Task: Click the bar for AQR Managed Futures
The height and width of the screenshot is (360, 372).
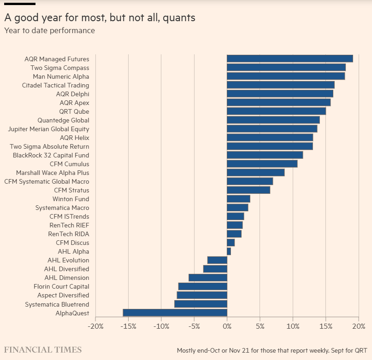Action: click(290, 58)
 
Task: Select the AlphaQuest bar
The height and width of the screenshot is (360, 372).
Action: click(175, 313)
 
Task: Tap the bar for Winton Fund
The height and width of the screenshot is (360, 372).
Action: click(239, 199)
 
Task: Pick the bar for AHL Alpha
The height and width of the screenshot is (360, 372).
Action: click(229, 251)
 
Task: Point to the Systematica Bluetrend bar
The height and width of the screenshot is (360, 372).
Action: click(201, 304)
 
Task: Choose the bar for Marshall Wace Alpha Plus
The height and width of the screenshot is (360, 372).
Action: click(256, 173)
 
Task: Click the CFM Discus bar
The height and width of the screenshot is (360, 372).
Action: click(231, 243)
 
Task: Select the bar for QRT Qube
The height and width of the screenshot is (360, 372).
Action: click(277, 111)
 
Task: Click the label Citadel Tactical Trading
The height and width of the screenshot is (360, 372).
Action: click(56, 85)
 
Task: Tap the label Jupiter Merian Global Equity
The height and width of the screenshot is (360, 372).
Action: click(49, 129)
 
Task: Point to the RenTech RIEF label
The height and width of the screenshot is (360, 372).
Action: click(69, 225)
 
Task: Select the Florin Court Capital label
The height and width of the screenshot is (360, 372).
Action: click(61, 286)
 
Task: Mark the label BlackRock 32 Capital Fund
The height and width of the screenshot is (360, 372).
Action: click(51, 155)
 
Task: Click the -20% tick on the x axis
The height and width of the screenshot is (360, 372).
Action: click(95, 326)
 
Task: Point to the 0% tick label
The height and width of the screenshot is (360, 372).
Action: click(227, 326)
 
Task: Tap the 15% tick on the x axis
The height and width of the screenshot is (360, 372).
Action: click(325, 326)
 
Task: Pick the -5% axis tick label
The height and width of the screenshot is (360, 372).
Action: click(194, 326)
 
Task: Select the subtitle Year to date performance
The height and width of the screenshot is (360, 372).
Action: click(49, 30)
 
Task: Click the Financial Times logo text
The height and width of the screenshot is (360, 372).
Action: click(43, 350)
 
